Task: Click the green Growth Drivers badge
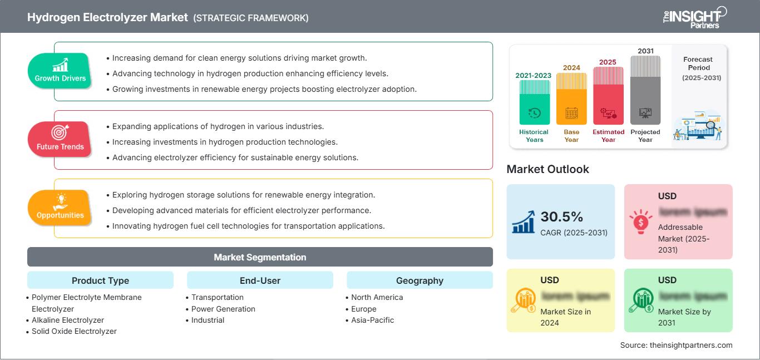pyautogui.click(x=60, y=71)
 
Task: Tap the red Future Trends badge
pyautogui.click(x=60, y=139)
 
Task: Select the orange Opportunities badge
pyautogui.click(x=60, y=207)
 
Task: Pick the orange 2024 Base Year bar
pyautogui.click(x=571, y=98)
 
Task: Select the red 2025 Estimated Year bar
pyautogui.click(x=608, y=95)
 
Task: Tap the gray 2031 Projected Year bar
pyautogui.click(x=645, y=90)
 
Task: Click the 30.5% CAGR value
pyautogui.click(x=561, y=216)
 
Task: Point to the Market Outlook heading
pyautogui.click(x=547, y=169)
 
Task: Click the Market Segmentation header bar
pyautogui.click(x=260, y=257)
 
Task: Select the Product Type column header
pyautogui.click(x=100, y=280)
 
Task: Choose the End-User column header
pyautogui.click(x=260, y=280)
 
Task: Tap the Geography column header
pyautogui.click(x=420, y=280)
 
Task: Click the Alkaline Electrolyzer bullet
pyautogui.click(x=68, y=320)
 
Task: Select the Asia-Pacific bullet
pyautogui.click(x=372, y=320)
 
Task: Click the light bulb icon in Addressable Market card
pyautogui.click(x=640, y=221)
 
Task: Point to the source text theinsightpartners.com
pyautogui.click(x=676, y=345)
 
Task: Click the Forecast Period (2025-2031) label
pyautogui.click(x=698, y=68)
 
